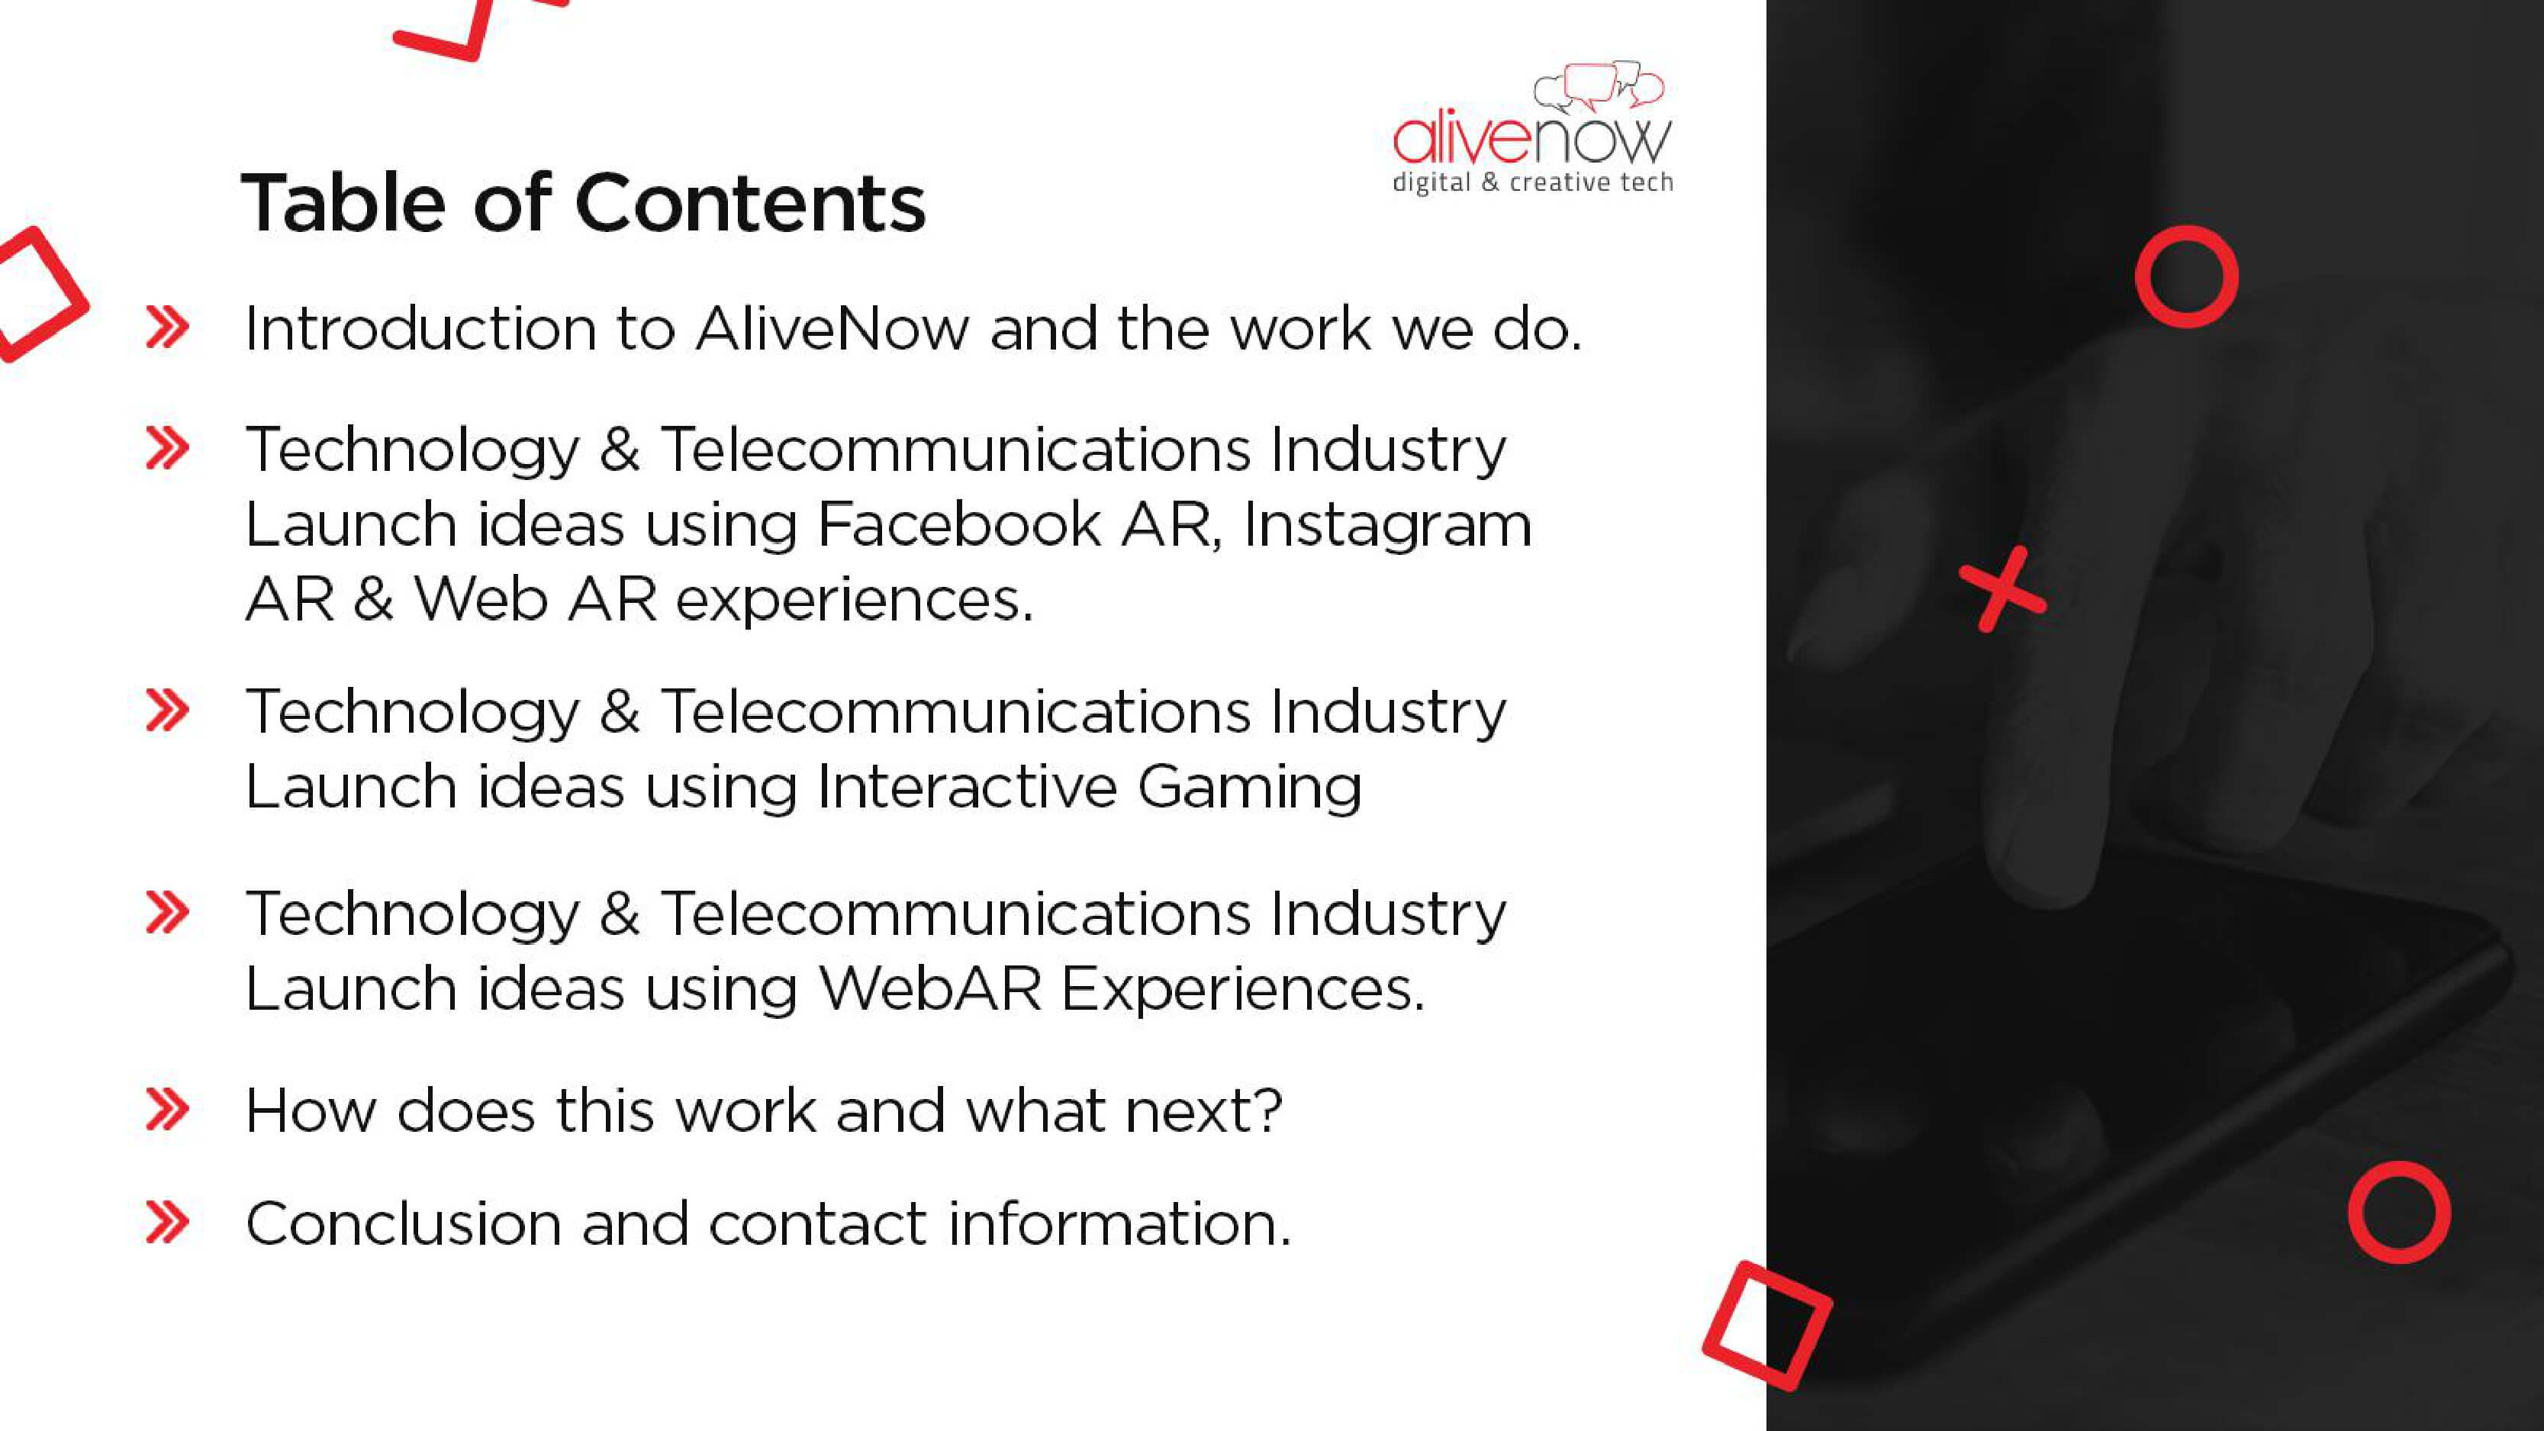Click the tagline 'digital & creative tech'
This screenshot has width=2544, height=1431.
point(1531,182)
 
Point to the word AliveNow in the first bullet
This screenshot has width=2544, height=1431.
point(832,328)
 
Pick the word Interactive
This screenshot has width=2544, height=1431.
point(967,787)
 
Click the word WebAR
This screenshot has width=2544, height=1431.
point(930,988)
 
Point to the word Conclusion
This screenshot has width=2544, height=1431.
point(403,1223)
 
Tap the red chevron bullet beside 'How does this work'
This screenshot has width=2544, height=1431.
point(167,1110)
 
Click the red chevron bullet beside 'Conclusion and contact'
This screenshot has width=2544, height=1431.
point(167,1223)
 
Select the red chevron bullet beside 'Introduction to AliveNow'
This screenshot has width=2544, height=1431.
point(167,328)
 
